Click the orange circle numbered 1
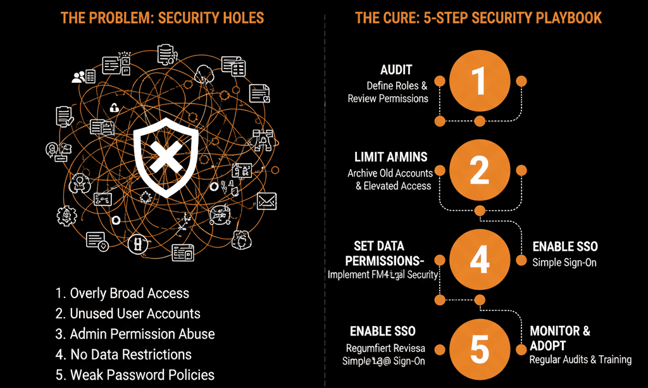pyautogui.click(x=479, y=81)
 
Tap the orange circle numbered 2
pyautogui.click(x=479, y=170)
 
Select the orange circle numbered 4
pyautogui.click(x=479, y=259)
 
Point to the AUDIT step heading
pyautogui.click(x=396, y=70)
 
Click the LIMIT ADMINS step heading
pyautogui.click(x=390, y=157)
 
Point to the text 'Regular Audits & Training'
pyautogui.click(x=580, y=360)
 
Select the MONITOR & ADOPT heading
pyautogui.click(x=559, y=338)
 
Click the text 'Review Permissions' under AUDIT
pyautogui.click(x=387, y=98)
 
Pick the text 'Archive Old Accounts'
pyautogui.click(x=390, y=173)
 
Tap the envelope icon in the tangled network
pyautogui.click(x=267, y=201)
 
